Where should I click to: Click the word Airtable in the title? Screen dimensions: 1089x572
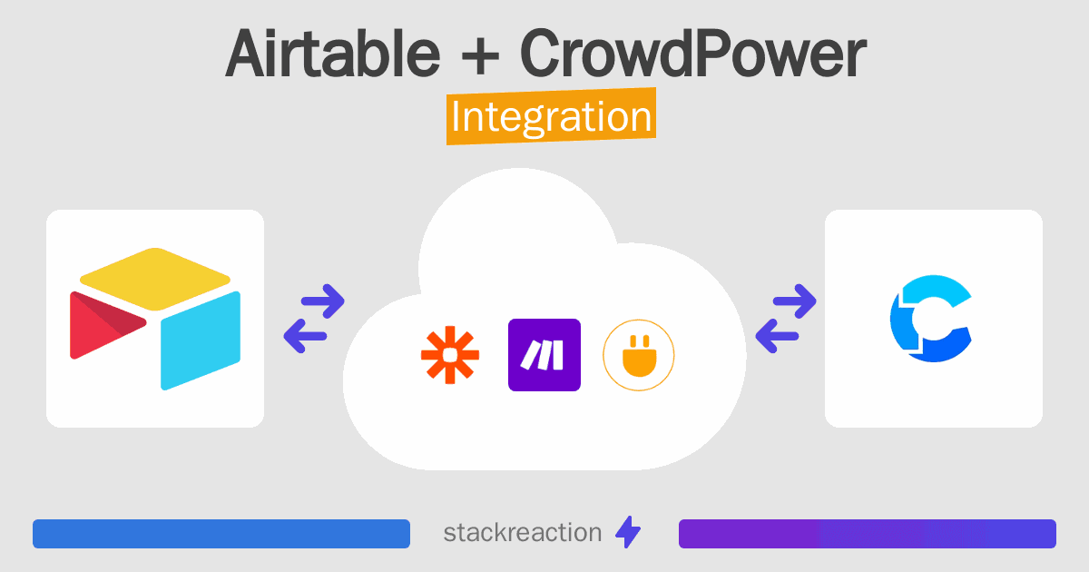point(332,53)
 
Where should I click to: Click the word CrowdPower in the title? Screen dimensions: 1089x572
point(693,53)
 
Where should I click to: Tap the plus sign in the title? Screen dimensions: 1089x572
point(480,57)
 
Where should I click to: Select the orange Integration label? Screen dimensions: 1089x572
point(552,116)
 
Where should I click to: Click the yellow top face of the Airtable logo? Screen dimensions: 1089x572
point(155,279)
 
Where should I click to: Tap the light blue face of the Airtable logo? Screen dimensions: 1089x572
point(201,340)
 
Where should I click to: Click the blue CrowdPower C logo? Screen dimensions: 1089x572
point(930,319)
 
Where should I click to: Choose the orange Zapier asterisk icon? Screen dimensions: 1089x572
point(450,355)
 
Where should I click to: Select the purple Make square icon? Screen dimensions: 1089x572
point(544,355)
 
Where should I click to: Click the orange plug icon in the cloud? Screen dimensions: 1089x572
point(639,355)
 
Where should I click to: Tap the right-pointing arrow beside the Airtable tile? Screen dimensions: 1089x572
point(323,301)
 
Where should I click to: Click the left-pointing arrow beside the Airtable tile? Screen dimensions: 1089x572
point(305,336)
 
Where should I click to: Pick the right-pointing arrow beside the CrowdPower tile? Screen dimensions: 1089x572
point(794,301)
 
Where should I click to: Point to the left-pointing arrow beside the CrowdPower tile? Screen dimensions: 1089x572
point(777,336)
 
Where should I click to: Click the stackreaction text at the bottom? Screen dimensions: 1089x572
point(523,533)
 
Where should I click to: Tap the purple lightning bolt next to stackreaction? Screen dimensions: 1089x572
point(628,532)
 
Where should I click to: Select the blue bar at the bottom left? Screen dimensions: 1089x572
point(221,534)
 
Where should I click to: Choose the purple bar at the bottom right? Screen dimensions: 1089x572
point(868,534)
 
